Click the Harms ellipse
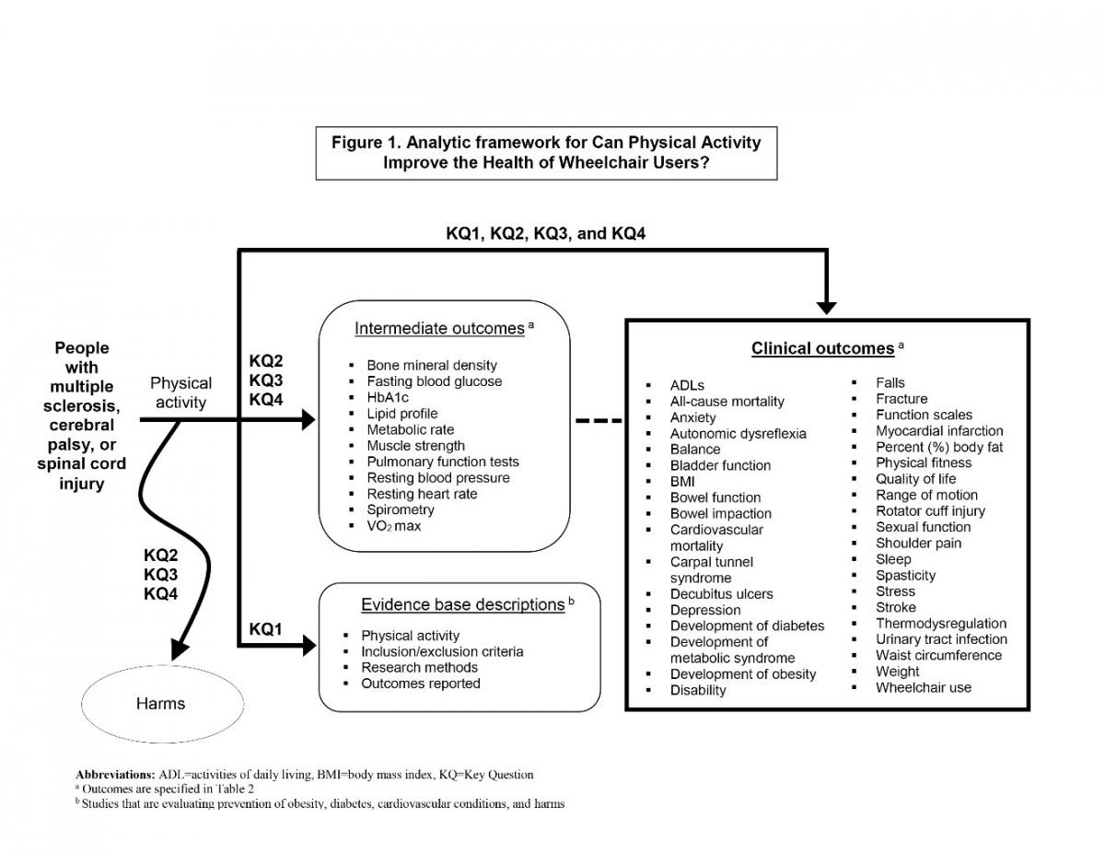161,704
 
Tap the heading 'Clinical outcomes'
822,348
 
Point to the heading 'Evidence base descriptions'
462,604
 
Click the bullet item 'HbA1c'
387,397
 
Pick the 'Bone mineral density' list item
431,365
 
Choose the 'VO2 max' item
394,526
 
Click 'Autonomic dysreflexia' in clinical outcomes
738,433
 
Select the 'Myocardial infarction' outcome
939,430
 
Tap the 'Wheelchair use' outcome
923,687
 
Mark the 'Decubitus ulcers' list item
721,594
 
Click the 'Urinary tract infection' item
941,639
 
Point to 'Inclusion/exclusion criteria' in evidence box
442,651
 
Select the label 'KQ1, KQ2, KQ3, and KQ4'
545,234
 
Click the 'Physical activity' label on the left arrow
180,392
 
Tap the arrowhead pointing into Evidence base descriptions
308,648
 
